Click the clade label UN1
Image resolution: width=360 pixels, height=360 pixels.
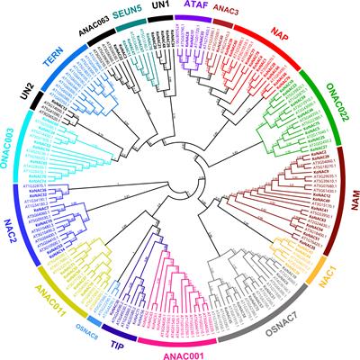tap(162, 6)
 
